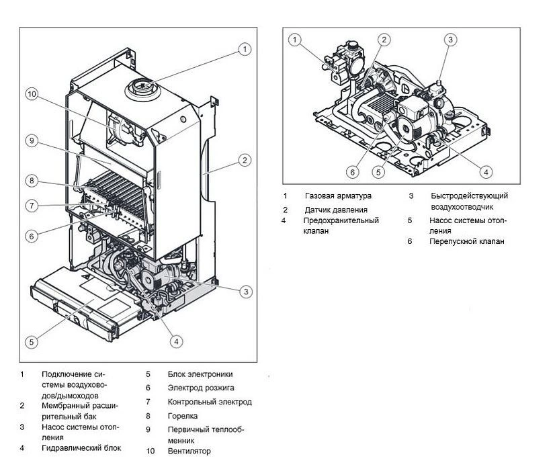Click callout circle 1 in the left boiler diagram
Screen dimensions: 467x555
coord(245,49)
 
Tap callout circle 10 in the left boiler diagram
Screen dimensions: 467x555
coord(32,94)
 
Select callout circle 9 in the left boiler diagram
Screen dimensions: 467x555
coord(32,141)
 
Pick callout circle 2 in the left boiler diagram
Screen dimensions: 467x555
coord(245,160)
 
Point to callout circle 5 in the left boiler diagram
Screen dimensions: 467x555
coord(32,341)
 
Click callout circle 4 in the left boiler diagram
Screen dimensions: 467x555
coord(175,341)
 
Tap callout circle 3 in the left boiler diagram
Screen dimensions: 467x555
coord(247,291)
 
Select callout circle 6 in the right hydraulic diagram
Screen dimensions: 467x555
coord(353,172)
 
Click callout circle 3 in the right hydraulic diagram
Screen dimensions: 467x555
coord(450,40)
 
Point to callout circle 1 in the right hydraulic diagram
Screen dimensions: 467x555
coord(295,40)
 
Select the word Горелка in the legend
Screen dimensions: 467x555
coord(183,417)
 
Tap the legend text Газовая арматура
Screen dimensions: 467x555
coord(337,196)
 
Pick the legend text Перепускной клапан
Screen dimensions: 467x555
coord(466,241)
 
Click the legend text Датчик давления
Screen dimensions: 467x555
coord(336,210)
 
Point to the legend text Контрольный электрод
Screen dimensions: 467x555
coord(210,402)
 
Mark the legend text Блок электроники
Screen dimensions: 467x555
coord(200,374)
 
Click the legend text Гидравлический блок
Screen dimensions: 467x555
coord(81,448)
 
